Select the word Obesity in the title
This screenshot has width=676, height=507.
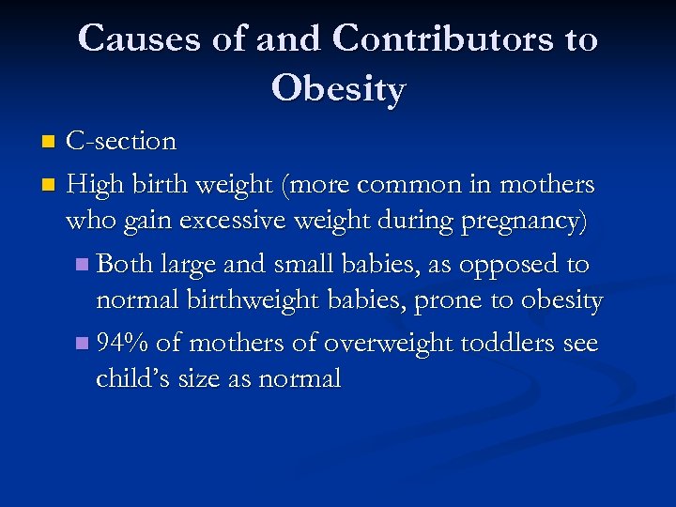(x=338, y=89)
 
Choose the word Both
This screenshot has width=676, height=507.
(x=125, y=264)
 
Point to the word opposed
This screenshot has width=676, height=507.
(x=511, y=264)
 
